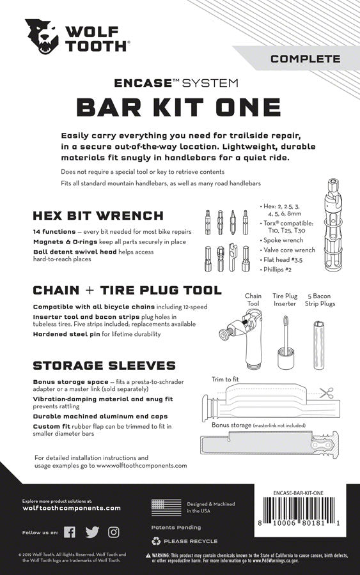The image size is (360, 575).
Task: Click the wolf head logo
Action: coord(40,36)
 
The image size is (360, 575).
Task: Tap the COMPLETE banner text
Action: coord(305,59)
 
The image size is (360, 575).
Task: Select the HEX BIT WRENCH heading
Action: coord(99,215)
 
